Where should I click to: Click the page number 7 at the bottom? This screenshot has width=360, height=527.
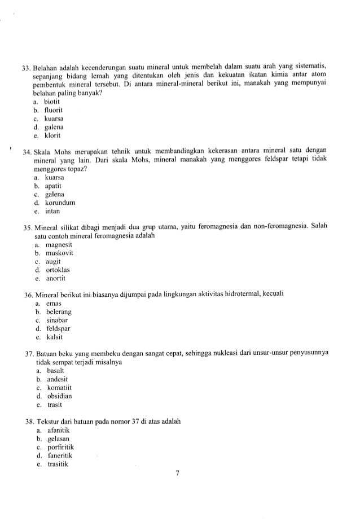[177, 473]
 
